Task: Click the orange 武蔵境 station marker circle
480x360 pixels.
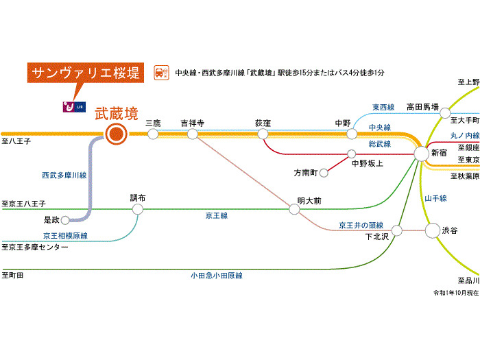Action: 116,134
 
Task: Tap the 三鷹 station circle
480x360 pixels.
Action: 153,134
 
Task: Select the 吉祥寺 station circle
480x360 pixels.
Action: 193,134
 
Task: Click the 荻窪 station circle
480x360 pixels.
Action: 263,134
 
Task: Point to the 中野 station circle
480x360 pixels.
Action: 352,134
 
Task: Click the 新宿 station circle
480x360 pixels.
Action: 421,154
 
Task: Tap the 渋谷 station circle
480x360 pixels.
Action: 432,230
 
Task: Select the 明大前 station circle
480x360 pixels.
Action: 295,209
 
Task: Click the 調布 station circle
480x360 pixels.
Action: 138,209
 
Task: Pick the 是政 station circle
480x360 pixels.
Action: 65,220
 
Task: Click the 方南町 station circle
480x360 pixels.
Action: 324,173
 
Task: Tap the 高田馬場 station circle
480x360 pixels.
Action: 446,112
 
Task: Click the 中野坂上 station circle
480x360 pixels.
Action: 352,154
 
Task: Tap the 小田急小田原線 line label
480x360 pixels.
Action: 217,275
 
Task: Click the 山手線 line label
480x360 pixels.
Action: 435,198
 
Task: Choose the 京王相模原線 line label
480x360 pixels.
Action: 65,235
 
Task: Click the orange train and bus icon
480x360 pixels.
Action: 160,72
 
